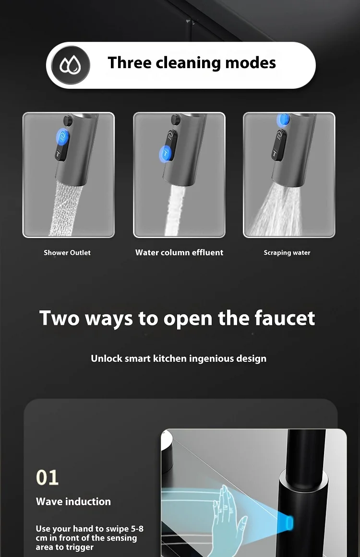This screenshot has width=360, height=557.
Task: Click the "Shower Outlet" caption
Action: [x=67, y=253]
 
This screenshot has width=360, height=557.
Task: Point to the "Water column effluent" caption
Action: [x=179, y=252]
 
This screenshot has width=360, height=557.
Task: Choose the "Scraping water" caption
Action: [x=287, y=253]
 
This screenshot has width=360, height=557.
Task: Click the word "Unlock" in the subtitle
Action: [x=106, y=358]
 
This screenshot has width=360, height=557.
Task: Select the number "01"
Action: [x=48, y=478]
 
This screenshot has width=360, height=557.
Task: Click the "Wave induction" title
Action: [x=73, y=501]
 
